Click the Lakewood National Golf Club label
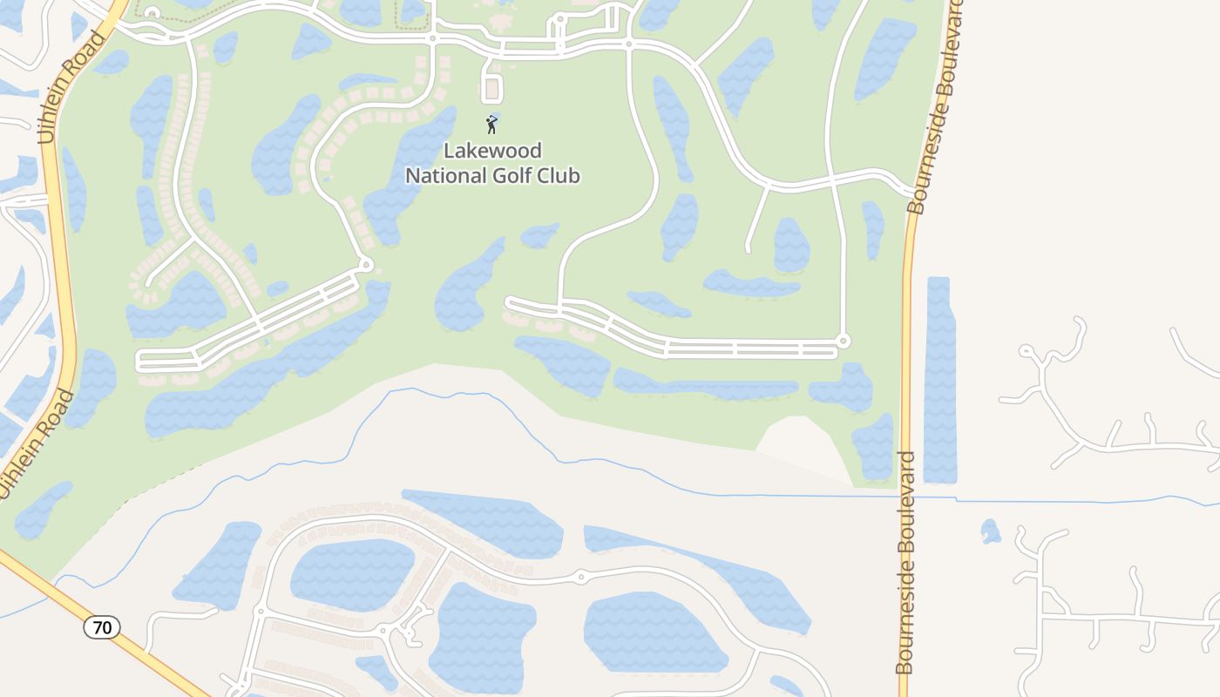click(x=493, y=163)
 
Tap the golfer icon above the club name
click(x=492, y=124)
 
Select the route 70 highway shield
click(x=102, y=626)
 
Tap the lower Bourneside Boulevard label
click(x=905, y=562)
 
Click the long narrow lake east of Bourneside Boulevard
click(x=939, y=379)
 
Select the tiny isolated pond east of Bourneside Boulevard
click(x=990, y=531)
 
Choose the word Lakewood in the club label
click(x=493, y=151)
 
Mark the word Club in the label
click(x=560, y=175)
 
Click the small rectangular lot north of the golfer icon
click(x=492, y=89)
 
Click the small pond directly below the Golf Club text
click(x=539, y=234)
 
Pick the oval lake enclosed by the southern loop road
click(x=352, y=575)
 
